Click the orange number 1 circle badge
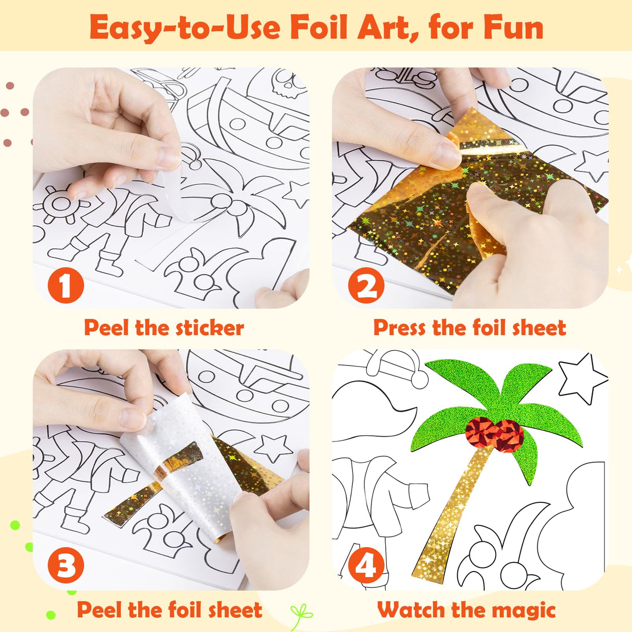pos(66,286)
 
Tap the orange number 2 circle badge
pos(366,285)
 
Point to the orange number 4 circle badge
pos(366,566)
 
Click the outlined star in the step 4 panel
pos(582,379)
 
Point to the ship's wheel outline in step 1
pos(60,204)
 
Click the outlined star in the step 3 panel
pos(273,447)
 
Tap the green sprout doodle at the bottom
pos(301,616)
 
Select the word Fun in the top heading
pos(513,27)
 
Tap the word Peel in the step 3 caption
pos(99,610)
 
